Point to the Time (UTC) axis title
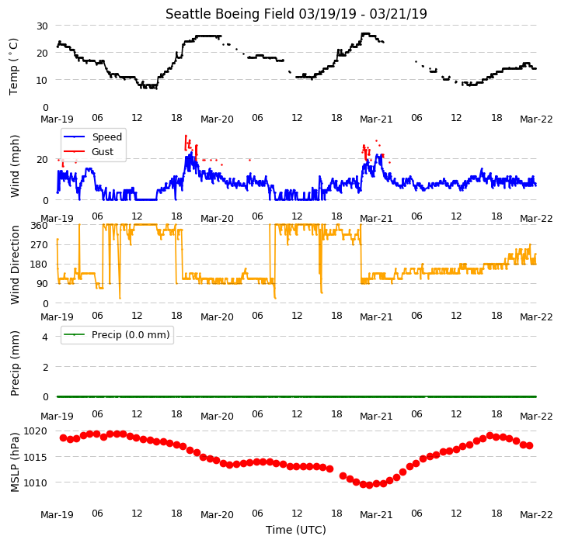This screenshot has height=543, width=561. click(x=296, y=529)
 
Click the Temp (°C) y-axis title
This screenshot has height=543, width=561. click(x=13, y=67)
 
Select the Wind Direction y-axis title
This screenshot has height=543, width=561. click(x=14, y=265)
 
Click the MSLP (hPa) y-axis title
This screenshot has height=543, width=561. click(x=14, y=462)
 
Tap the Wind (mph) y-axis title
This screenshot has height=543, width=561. click(x=14, y=166)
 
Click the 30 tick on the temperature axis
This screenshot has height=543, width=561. click(x=42, y=26)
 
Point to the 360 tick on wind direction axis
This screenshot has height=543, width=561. click(x=40, y=226)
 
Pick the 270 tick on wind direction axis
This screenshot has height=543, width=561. click(x=40, y=244)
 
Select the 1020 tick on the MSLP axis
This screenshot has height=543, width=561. click(x=36, y=431)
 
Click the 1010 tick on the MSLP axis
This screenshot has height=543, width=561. click(x=36, y=482)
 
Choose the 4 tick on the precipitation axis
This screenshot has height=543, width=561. click(x=45, y=337)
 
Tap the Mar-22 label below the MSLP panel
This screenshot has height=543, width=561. click(x=536, y=515)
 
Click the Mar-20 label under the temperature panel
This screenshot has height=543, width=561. click(x=217, y=119)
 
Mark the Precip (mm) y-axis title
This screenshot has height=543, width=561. click(x=14, y=363)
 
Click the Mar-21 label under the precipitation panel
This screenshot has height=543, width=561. click(x=376, y=417)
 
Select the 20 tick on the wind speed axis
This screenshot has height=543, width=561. click(x=42, y=159)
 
